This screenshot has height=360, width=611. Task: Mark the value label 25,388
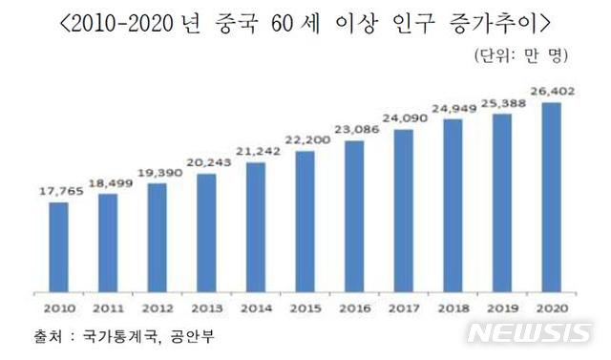click(503, 103)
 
